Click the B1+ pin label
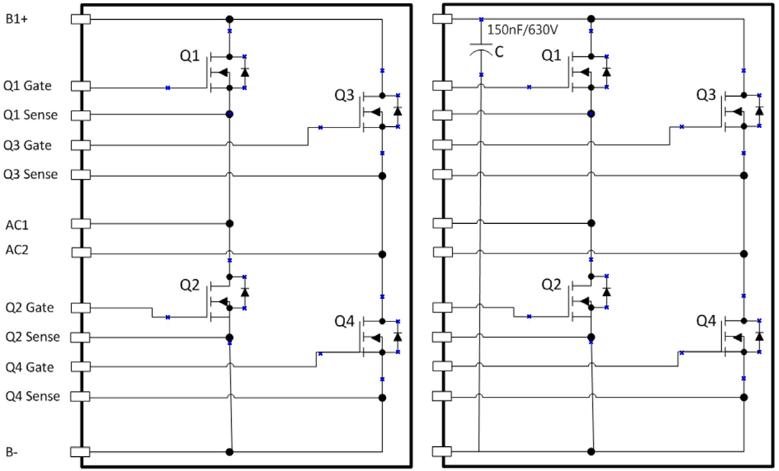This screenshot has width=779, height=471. coord(17,19)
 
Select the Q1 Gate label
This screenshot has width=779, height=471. coord(27,85)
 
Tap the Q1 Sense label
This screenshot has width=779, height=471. coord(30,115)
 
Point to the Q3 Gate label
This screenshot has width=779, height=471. coord(27,145)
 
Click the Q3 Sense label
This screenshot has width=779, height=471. coord(30,174)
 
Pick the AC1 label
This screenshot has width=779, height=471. coord(18,223)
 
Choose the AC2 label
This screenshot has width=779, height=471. coord(18,250)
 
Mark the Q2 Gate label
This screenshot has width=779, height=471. coord(29,308)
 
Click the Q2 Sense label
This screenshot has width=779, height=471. coord(32,337)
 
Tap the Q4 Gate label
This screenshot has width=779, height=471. coord(29,367)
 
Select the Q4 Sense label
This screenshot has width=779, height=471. coord(32,396)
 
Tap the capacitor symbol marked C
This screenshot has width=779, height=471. coord(481,52)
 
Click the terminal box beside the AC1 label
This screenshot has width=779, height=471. coord(81,223)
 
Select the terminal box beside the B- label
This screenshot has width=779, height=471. coord(81,452)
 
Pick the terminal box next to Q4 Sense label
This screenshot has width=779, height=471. coord(81,396)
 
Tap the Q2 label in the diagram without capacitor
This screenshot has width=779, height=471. coord(190,285)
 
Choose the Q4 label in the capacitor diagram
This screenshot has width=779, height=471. coord(706,322)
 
